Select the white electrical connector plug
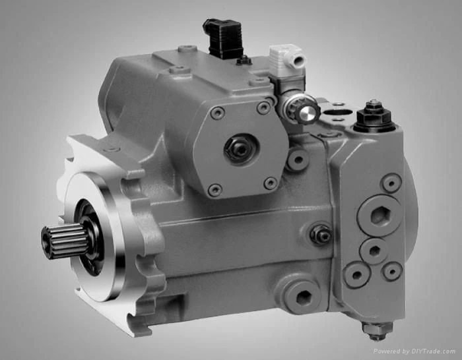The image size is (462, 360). point(287,57)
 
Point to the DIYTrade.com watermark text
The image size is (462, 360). point(414,351)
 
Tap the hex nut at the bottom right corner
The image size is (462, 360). point(377,329)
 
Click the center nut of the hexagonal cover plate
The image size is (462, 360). point(240,149)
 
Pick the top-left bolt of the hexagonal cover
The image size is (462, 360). point(218,113)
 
